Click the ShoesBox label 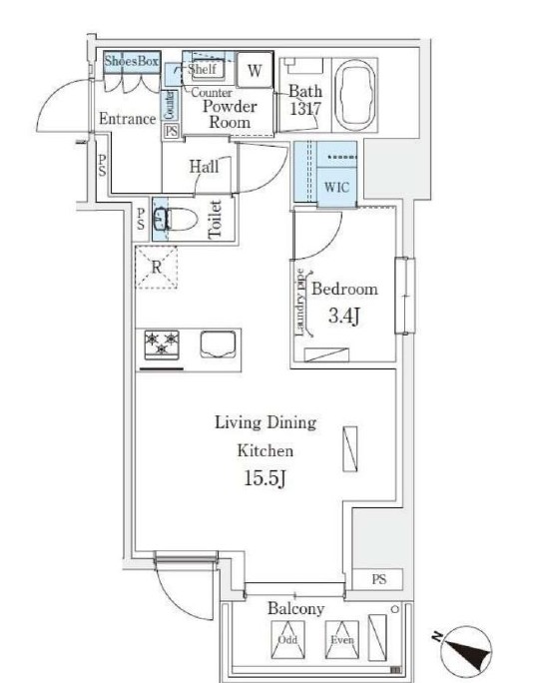pos(131,61)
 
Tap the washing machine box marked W pos(255,70)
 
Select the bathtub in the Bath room pos(356,95)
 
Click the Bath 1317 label pos(305,100)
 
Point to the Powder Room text pos(230,114)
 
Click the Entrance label pos(127,119)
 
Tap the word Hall pos(204,166)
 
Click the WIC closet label pos(336,187)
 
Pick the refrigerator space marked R pos(157,267)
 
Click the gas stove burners pos(162,344)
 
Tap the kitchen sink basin pos(219,344)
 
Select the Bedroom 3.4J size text pos(344,316)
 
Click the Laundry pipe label pos(300,303)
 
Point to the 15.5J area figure pos(265,478)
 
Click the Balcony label pos(295,608)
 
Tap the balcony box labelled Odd pos(287,639)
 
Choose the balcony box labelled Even pos(342,639)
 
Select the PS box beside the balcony pos(377,579)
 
